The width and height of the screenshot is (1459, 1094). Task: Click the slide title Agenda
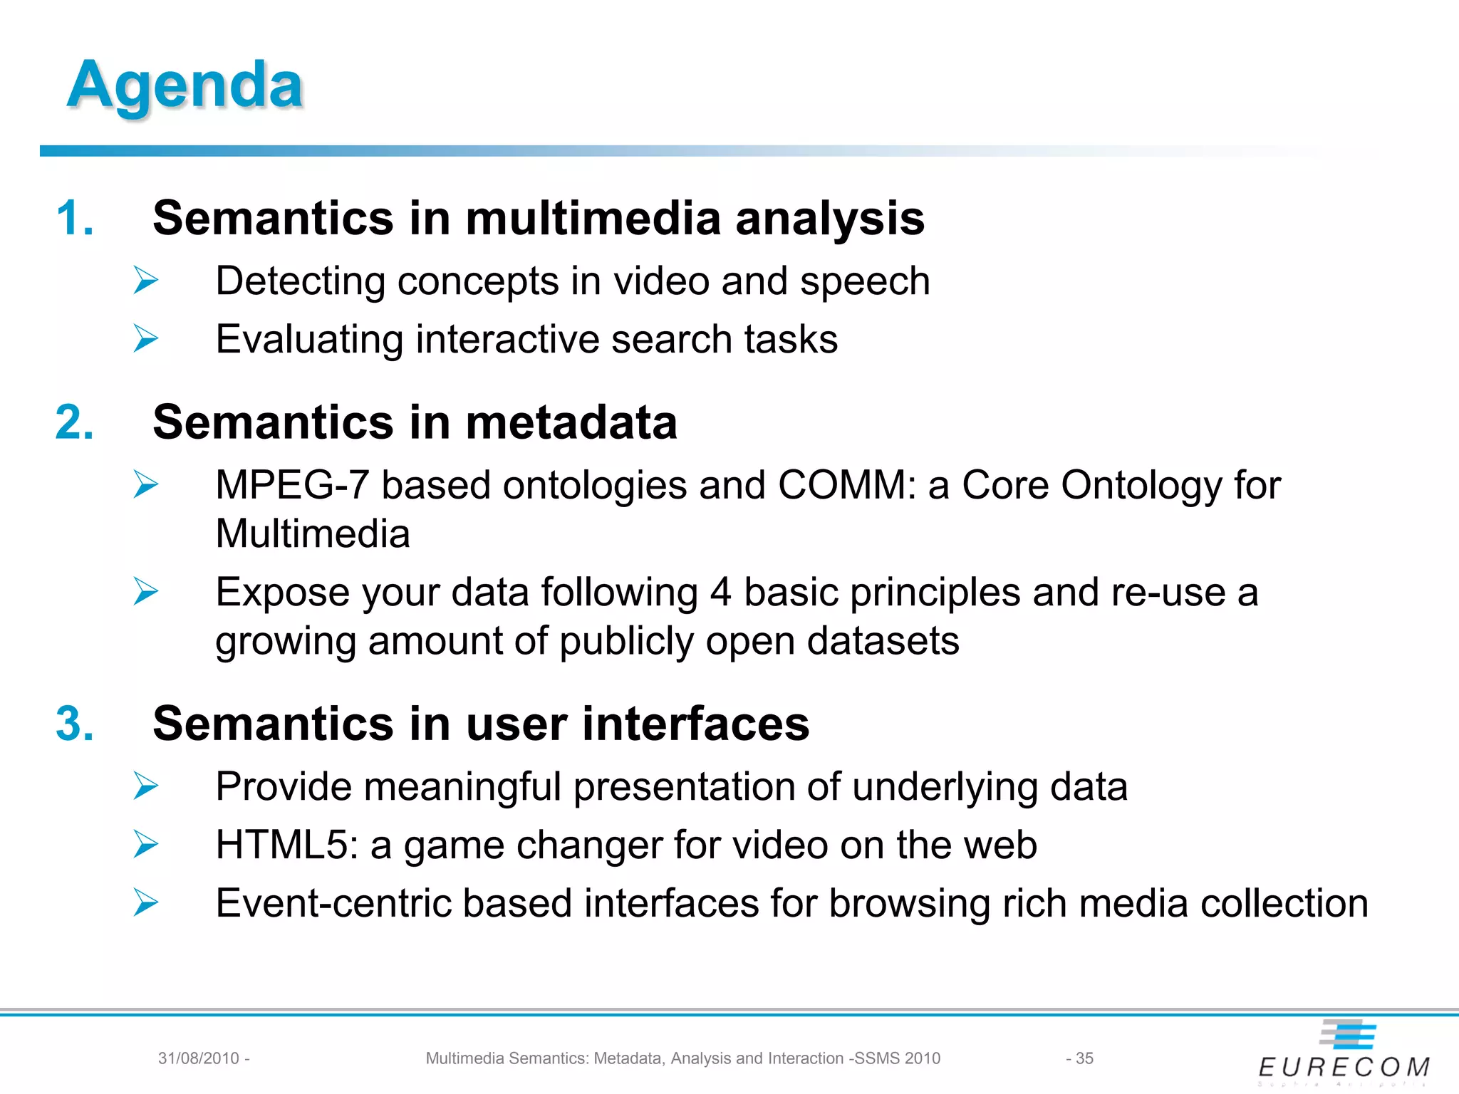[x=185, y=85]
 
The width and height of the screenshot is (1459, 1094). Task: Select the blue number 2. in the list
[x=75, y=422]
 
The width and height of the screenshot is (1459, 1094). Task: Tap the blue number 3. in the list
[x=75, y=724]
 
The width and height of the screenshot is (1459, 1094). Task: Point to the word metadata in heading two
[x=571, y=422]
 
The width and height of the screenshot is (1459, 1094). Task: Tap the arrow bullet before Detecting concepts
[x=146, y=281]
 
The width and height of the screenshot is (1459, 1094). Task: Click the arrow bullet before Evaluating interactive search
[x=146, y=338]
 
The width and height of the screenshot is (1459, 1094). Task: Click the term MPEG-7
[x=292, y=485]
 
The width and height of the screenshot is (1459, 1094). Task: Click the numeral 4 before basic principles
[x=720, y=592]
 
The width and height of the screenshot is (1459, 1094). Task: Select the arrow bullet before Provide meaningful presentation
[x=146, y=786]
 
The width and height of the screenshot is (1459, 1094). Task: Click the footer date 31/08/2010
[x=199, y=1058]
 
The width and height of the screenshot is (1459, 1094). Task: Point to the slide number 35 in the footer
[x=1084, y=1058]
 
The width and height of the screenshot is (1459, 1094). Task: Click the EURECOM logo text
[x=1344, y=1067]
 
